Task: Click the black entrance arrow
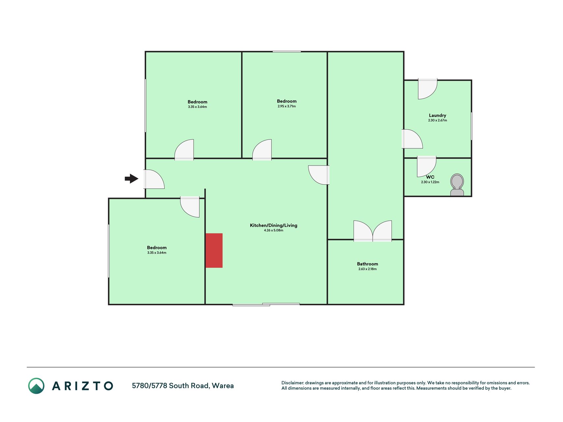[132, 179]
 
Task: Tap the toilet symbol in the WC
[457, 185]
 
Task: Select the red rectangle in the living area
[214, 251]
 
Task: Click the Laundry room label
[437, 115]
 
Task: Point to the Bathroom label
[367, 264]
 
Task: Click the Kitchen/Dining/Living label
[273, 226]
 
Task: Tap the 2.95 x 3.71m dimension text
[287, 106]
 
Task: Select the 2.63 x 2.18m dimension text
[367, 269]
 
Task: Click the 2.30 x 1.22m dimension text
[430, 182]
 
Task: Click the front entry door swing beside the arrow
[154, 179]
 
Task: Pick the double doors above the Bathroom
[373, 231]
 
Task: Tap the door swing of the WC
[426, 166]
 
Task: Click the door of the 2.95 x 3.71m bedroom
[262, 150]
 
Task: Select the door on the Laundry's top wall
[428, 89]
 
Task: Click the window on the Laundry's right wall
[471, 126]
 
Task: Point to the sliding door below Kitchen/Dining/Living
[266, 304]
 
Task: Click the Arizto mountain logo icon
[36, 386]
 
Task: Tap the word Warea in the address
[223, 386]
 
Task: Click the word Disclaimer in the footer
[292, 383]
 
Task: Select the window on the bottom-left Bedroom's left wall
[109, 251]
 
